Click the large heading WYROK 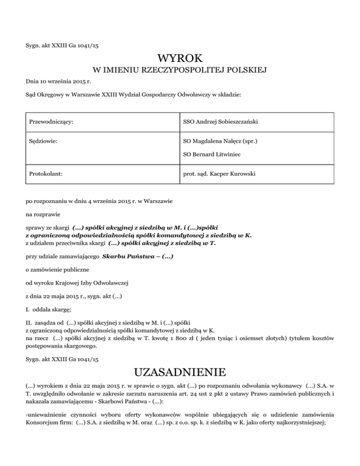tap(180, 59)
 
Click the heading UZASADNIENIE tap(180, 373)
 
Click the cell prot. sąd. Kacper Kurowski tap(219, 174)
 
